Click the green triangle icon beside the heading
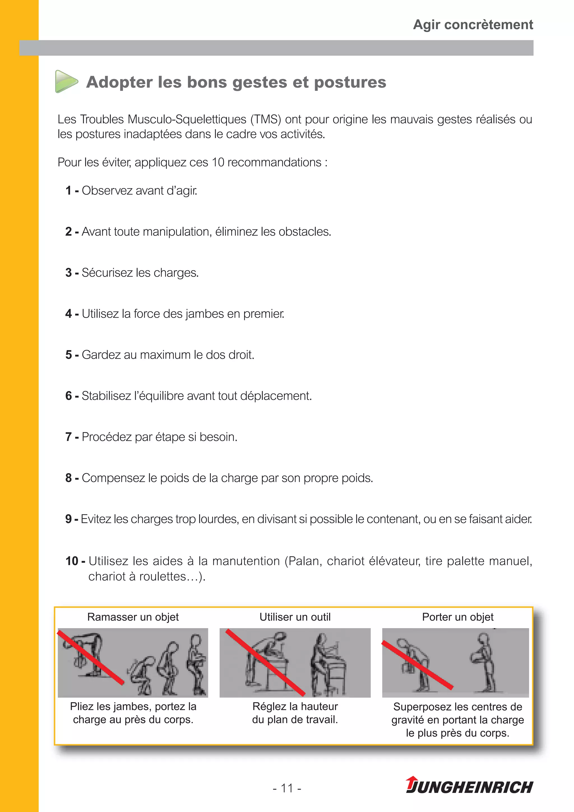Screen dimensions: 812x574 point(66,82)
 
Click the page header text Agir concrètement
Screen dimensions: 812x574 point(473,25)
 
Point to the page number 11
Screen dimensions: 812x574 point(287,788)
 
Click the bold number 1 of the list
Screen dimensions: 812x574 point(69,191)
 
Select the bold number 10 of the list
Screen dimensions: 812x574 point(72,561)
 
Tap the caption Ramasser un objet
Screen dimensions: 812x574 point(133,617)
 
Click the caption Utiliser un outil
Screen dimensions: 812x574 point(295,617)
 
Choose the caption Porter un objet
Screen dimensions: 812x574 point(457,617)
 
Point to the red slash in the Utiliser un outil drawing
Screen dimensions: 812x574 point(265,662)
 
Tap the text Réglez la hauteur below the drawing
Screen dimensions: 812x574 point(295,707)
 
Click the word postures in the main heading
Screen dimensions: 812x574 point(350,82)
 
